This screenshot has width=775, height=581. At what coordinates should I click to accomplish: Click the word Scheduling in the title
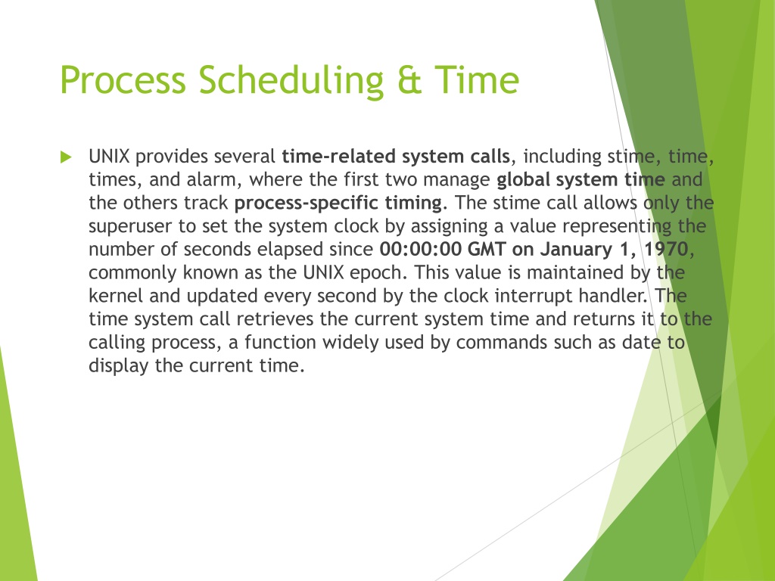(291, 80)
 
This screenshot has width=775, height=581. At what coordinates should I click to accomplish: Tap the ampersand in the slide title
(409, 79)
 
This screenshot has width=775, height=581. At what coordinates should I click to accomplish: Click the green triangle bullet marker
(66, 157)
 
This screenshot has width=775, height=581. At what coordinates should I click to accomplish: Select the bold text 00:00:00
(420, 249)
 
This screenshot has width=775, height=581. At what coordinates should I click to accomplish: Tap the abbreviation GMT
(487, 249)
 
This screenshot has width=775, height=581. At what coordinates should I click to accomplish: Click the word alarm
(214, 180)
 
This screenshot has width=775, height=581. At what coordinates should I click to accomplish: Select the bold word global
(523, 180)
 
